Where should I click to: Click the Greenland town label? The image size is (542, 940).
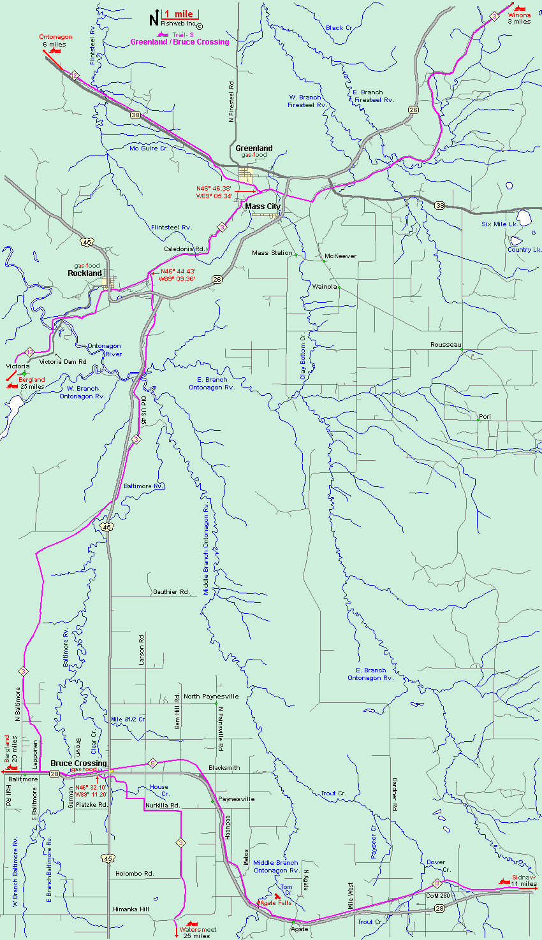click(x=254, y=148)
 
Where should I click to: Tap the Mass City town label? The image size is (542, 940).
click(x=263, y=206)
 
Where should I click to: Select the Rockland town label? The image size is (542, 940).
click(x=85, y=273)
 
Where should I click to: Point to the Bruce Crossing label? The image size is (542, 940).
click(x=78, y=763)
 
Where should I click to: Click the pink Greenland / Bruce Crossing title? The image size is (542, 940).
click(x=179, y=42)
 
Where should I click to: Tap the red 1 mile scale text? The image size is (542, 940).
click(x=179, y=14)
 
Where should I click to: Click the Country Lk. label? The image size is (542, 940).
click(x=524, y=250)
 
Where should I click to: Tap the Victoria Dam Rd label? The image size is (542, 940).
click(x=62, y=362)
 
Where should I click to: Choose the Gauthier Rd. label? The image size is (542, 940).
click(x=171, y=592)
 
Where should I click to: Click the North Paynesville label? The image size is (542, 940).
click(x=211, y=697)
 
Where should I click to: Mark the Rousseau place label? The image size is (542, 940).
click(x=445, y=345)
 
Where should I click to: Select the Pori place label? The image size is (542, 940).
click(x=485, y=417)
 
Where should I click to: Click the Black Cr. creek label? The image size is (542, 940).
click(x=339, y=28)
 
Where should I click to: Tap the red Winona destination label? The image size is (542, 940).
click(x=519, y=15)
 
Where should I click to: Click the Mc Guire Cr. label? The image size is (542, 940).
click(x=149, y=148)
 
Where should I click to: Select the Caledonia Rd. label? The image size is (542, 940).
click(x=184, y=249)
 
